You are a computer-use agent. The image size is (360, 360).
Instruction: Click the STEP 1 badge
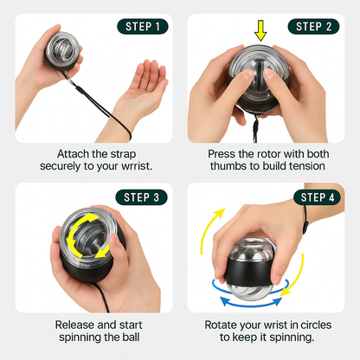[x=143, y=27]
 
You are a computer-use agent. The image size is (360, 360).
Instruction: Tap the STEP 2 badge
[x=313, y=27]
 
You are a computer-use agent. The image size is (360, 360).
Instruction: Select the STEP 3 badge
[x=141, y=197]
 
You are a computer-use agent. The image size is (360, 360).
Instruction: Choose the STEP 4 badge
[x=318, y=197]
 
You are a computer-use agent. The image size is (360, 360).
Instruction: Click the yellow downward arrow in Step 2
[x=260, y=30]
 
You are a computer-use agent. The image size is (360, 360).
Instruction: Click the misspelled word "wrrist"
[x=136, y=166]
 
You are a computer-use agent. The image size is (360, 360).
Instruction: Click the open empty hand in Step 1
[x=145, y=89]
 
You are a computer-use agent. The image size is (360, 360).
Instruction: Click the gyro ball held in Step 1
[x=63, y=49]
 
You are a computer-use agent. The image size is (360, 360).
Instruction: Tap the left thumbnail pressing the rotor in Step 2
[x=247, y=74]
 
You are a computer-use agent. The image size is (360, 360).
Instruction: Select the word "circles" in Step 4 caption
[x=316, y=325]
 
